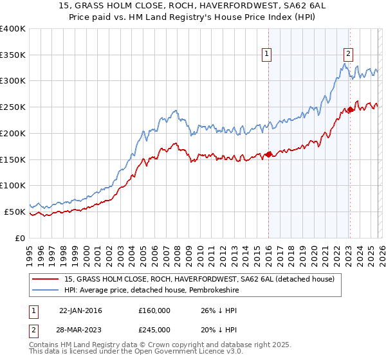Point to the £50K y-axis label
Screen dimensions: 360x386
pos(14,212)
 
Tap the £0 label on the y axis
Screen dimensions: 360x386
pos(20,238)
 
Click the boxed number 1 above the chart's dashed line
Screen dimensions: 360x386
pos(266,55)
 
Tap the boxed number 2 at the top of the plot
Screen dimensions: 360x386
pos(348,55)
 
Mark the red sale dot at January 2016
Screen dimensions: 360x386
pos(268,154)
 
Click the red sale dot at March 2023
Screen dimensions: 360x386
pos(349,109)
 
